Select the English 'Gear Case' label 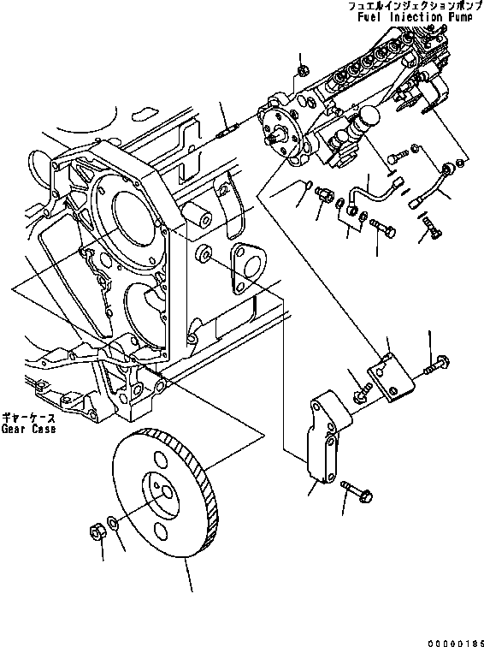click(28, 429)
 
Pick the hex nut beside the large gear click(97, 531)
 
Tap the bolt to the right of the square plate click(433, 366)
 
